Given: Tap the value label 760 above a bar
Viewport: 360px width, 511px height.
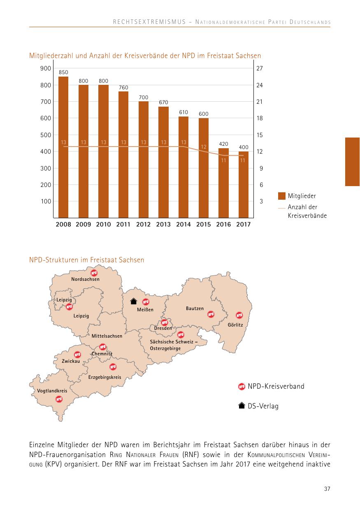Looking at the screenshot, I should [123, 87].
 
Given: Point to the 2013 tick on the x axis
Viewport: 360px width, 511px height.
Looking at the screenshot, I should [163, 224].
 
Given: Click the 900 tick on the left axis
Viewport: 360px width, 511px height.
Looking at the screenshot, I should [46, 68].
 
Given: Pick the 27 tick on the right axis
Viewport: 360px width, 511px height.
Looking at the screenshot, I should [260, 68].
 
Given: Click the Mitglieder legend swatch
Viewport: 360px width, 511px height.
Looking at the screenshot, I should [282, 196].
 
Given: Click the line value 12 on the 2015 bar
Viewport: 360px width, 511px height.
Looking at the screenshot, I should [203, 147].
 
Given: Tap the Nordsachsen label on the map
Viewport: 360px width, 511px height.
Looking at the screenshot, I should [85, 279].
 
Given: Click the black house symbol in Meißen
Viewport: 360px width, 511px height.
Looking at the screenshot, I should [133, 301].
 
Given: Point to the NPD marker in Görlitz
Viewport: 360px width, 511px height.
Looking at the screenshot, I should [239, 315].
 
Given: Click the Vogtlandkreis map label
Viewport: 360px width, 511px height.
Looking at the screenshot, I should [52, 390].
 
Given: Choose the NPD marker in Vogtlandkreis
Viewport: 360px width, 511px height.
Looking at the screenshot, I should [59, 399].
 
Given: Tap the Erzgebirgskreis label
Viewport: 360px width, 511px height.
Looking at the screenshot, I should [105, 377].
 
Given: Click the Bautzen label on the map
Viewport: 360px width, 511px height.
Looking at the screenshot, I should [195, 308].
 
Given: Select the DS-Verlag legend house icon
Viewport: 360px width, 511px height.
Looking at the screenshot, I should [242, 406].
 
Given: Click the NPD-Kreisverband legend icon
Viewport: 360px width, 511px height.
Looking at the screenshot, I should [242, 386].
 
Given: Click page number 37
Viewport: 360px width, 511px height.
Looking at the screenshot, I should [327, 489].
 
